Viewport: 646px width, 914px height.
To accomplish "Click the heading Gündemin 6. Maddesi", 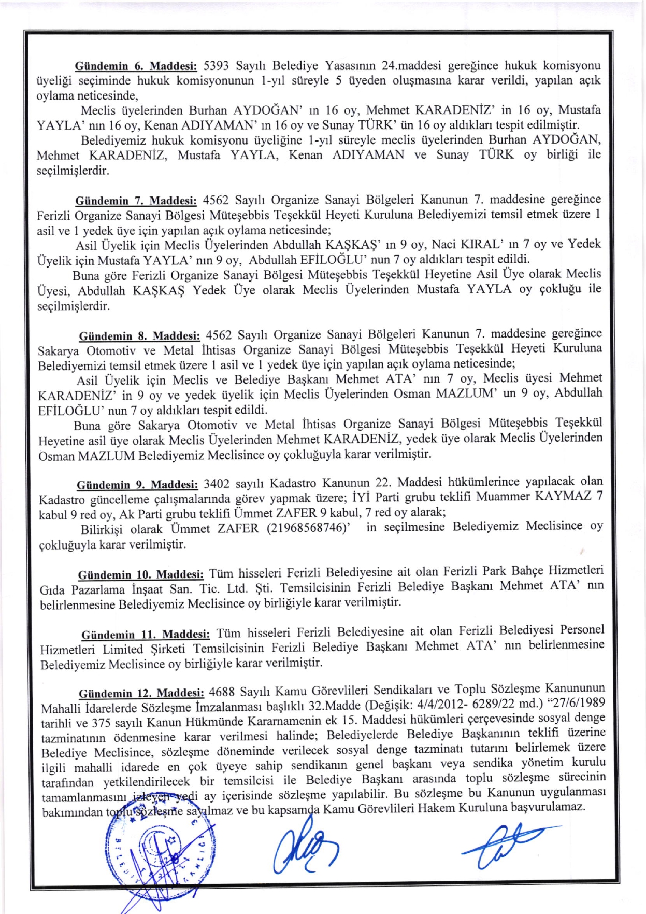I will (x=136, y=66).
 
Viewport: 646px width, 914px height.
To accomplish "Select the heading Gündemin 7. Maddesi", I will (x=136, y=201).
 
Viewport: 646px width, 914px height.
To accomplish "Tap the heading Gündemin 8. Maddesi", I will (x=139, y=336).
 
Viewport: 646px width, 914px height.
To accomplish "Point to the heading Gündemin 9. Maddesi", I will (x=137, y=485).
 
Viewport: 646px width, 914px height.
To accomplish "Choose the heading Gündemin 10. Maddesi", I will (x=141, y=575).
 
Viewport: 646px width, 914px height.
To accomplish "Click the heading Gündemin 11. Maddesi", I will (x=146, y=635).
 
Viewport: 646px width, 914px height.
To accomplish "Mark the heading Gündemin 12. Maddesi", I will (x=141, y=694).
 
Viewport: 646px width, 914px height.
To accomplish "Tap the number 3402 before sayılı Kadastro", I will (x=217, y=484).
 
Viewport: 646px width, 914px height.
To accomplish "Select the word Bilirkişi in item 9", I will (x=102, y=530).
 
